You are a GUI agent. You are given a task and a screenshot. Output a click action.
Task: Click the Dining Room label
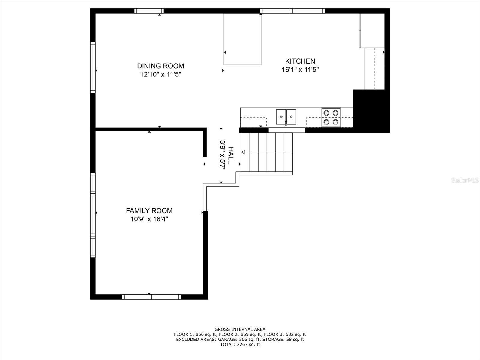(x=160, y=66)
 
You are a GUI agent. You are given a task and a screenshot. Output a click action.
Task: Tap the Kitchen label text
(x=300, y=61)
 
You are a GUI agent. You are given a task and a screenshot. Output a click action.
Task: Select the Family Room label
(x=149, y=211)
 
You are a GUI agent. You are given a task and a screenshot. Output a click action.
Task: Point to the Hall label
(x=231, y=155)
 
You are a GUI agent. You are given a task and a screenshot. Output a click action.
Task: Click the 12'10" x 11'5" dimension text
(x=161, y=74)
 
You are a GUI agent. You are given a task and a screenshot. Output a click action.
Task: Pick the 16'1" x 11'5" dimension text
(x=300, y=70)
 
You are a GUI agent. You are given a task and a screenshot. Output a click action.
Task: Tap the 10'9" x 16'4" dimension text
(x=149, y=219)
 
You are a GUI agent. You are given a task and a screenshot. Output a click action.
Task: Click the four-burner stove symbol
(x=331, y=117)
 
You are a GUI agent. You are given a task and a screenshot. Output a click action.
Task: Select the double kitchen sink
(x=286, y=117)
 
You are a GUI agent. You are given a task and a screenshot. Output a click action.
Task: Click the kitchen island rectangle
(x=242, y=39)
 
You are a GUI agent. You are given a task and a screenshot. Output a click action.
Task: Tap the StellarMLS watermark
(x=465, y=180)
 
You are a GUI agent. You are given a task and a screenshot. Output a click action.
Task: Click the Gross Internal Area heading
(x=240, y=329)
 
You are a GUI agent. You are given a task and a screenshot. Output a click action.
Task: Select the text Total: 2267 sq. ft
(x=240, y=344)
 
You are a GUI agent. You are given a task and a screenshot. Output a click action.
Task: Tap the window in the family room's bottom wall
(x=151, y=297)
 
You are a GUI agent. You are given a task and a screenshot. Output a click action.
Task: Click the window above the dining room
(x=149, y=11)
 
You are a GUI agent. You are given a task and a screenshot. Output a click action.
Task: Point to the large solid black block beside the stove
(x=371, y=111)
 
